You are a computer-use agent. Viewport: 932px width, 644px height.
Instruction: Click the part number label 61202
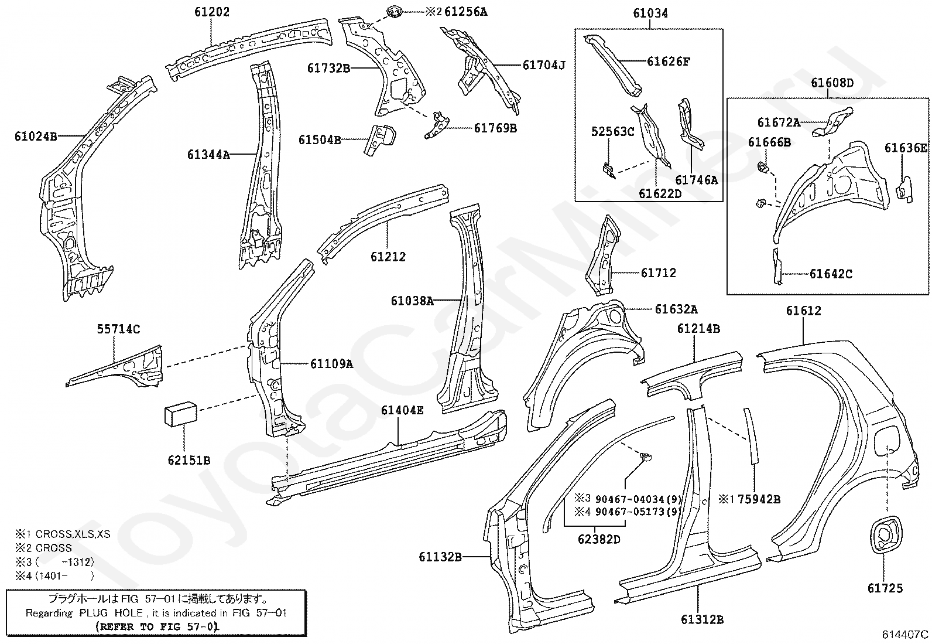click(212, 12)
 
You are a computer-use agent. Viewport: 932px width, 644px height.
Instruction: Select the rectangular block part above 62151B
click(180, 414)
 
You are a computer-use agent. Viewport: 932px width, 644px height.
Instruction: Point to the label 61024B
click(36, 136)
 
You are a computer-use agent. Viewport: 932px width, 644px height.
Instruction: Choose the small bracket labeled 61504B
click(380, 139)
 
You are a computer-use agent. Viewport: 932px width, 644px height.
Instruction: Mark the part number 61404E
click(402, 410)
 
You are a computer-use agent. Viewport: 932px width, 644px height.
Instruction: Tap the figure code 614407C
click(906, 634)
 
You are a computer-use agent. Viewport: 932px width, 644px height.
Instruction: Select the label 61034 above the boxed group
click(650, 13)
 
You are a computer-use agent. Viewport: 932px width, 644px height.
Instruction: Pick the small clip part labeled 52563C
click(608, 171)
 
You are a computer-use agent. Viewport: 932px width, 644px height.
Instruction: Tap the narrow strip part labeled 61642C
click(777, 267)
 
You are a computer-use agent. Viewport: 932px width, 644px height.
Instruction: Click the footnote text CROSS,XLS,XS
click(73, 534)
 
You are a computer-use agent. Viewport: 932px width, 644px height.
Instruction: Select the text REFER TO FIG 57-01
click(157, 626)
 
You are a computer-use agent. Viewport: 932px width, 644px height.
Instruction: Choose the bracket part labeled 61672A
click(832, 122)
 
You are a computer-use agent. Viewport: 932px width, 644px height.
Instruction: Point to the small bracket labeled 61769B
click(437, 125)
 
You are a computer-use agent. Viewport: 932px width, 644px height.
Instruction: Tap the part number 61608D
click(832, 83)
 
